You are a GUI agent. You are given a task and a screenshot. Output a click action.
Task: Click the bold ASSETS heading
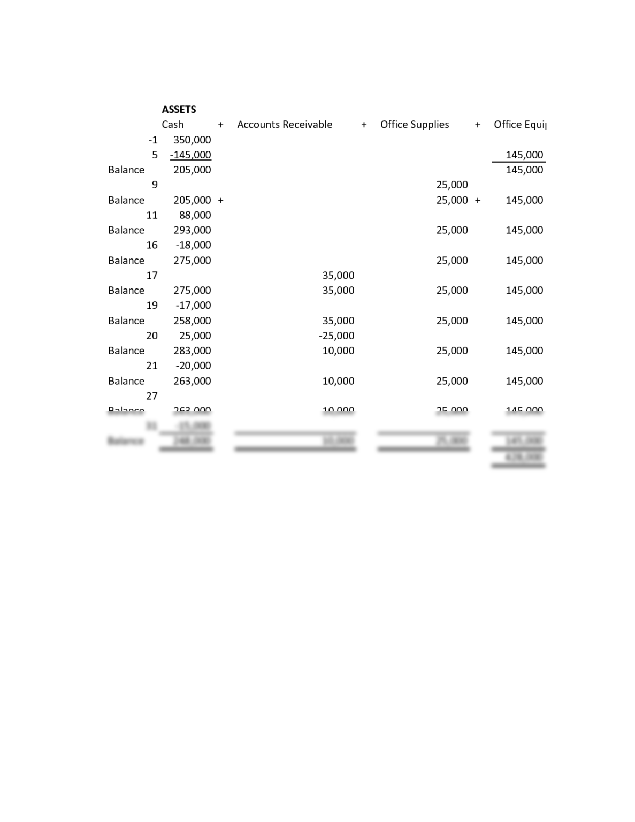point(179,109)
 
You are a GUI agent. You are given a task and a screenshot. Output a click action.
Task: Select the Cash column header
point(172,124)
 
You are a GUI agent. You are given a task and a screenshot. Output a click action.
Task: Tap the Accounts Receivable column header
point(285,124)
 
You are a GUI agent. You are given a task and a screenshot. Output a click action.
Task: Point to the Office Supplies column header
point(415,124)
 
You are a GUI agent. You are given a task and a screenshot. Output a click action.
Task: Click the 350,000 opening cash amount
point(192,140)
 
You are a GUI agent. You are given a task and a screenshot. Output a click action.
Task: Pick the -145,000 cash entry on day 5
point(190,155)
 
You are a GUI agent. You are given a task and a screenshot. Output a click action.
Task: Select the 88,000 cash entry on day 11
point(195,215)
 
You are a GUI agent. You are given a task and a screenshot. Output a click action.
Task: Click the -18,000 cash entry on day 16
point(193,245)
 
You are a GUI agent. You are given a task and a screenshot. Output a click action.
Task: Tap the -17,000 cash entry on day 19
point(193,305)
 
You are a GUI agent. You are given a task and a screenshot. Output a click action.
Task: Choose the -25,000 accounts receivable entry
point(336,336)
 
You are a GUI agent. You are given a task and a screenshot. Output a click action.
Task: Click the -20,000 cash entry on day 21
point(193,366)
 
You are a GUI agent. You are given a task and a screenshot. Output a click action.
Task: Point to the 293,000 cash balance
point(192,230)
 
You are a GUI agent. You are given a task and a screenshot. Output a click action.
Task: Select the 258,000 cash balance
point(192,321)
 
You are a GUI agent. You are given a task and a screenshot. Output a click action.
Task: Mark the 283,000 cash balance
point(192,351)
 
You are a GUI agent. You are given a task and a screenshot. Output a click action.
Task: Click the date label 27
point(152,395)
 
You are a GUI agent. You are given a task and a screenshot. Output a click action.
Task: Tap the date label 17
point(152,275)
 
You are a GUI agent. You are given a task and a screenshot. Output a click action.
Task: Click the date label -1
point(153,140)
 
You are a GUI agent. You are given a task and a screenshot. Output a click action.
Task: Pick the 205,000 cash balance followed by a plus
point(192,200)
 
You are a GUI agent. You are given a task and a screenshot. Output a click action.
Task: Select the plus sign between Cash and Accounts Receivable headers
point(220,125)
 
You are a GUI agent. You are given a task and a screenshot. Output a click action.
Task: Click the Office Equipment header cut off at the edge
point(519,124)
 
